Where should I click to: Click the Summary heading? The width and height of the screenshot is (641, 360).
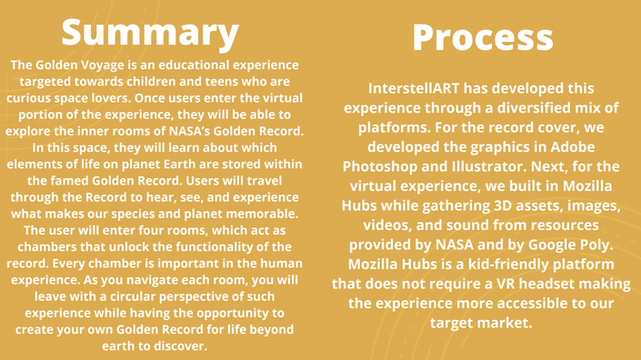[x=150, y=34]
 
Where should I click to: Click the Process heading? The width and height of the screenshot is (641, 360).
[x=483, y=37]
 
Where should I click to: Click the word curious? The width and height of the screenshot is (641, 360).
[x=27, y=98]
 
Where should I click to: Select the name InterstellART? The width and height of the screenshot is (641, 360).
[x=414, y=88]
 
